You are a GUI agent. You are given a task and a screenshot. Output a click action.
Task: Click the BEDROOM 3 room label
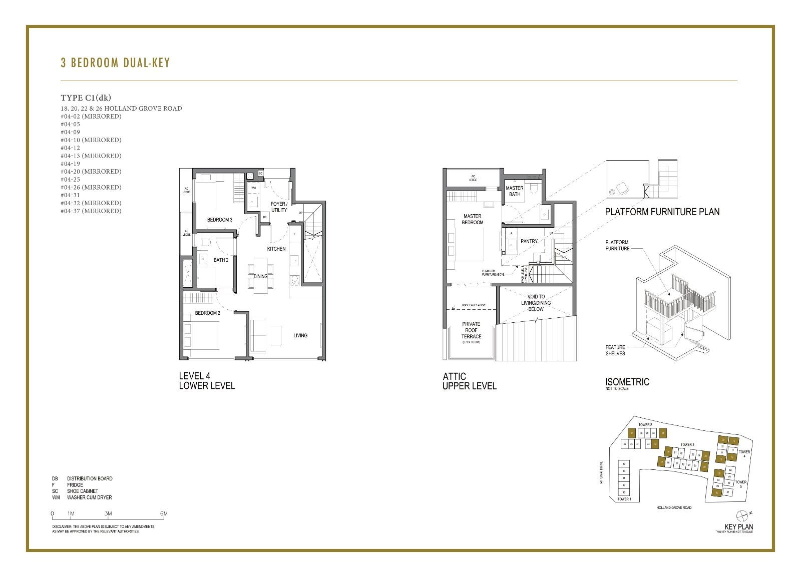point(220,220)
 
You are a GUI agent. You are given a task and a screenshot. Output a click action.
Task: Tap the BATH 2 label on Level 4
point(221,260)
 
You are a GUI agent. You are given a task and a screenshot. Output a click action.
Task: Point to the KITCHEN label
point(276,249)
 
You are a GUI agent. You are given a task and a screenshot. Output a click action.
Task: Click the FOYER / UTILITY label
point(279,207)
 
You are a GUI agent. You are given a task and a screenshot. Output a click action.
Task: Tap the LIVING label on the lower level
point(300,335)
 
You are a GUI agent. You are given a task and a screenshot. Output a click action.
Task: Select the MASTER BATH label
point(515,191)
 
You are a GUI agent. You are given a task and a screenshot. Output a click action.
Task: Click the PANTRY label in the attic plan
point(529,241)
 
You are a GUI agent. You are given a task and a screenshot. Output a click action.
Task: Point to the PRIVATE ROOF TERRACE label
point(471,330)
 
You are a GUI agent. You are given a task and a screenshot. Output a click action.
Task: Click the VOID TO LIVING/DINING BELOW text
point(536,303)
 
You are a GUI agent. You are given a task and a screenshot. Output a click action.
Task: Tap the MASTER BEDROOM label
point(473,219)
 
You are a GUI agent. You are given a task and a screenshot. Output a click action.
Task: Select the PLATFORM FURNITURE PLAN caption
point(662,212)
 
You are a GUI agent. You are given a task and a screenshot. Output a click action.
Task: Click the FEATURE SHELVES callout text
point(615,350)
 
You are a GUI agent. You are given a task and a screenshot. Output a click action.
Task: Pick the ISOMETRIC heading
point(627,382)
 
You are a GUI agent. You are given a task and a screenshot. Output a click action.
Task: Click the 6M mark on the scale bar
point(163,513)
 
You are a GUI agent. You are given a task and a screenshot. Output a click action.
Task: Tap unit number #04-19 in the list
point(71,164)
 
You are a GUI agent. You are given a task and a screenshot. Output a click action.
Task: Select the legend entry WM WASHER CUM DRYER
point(83,497)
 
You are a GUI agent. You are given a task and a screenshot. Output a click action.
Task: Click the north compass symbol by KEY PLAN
point(743,514)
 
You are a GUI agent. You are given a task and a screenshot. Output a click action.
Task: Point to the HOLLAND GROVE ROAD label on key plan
point(674,507)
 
